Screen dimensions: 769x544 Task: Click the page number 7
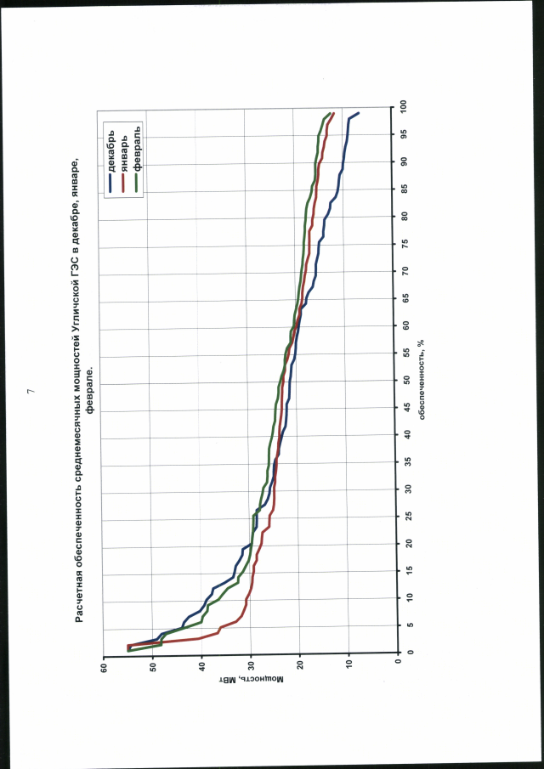31,391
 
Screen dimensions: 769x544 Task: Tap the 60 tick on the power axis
103,669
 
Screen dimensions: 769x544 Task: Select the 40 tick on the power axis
201,669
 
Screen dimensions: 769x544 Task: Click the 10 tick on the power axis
348,669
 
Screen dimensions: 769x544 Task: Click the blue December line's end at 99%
359,113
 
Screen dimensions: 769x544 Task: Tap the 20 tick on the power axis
300,669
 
